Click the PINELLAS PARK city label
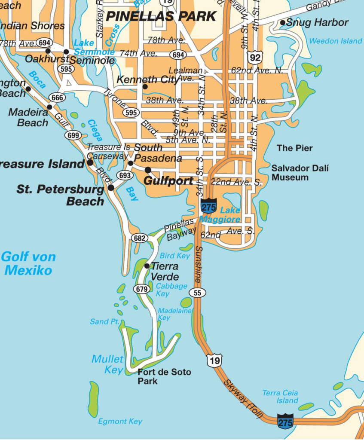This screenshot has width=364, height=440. [x=161, y=17]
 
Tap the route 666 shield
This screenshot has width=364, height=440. [x=57, y=98]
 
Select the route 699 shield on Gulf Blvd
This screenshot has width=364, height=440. [x=73, y=135]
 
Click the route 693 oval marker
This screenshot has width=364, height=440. [x=125, y=175]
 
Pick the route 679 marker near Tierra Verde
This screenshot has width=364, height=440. [x=141, y=289]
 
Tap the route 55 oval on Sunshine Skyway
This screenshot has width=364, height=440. [x=197, y=293]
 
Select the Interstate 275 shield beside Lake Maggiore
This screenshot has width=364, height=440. [x=209, y=206]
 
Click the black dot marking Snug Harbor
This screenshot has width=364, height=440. [x=283, y=22]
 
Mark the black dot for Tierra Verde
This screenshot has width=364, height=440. [x=147, y=266]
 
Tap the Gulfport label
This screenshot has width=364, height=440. [x=168, y=181]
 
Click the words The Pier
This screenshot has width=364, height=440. [x=294, y=148]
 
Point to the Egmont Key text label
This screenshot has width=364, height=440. [x=120, y=422]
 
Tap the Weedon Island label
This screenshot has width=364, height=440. [x=335, y=41]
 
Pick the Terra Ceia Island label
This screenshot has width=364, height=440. [x=280, y=397]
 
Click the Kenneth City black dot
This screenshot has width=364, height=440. [x=145, y=87]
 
